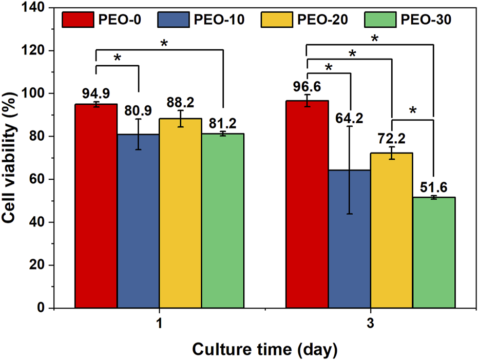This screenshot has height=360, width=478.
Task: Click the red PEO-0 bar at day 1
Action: click(96, 205)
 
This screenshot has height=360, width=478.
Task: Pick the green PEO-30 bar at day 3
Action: click(434, 252)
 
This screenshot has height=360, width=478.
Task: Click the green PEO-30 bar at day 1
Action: click(222, 221)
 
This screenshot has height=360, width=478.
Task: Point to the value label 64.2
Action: click(350, 119)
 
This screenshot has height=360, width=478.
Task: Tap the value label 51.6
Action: click(435, 187)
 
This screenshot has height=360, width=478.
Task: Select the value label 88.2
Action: click(180, 101)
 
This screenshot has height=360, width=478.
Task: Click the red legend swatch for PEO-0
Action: click(78, 20)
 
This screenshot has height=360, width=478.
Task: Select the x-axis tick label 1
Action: click(159, 324)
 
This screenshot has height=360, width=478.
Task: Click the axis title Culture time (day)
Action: click(265, 349)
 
